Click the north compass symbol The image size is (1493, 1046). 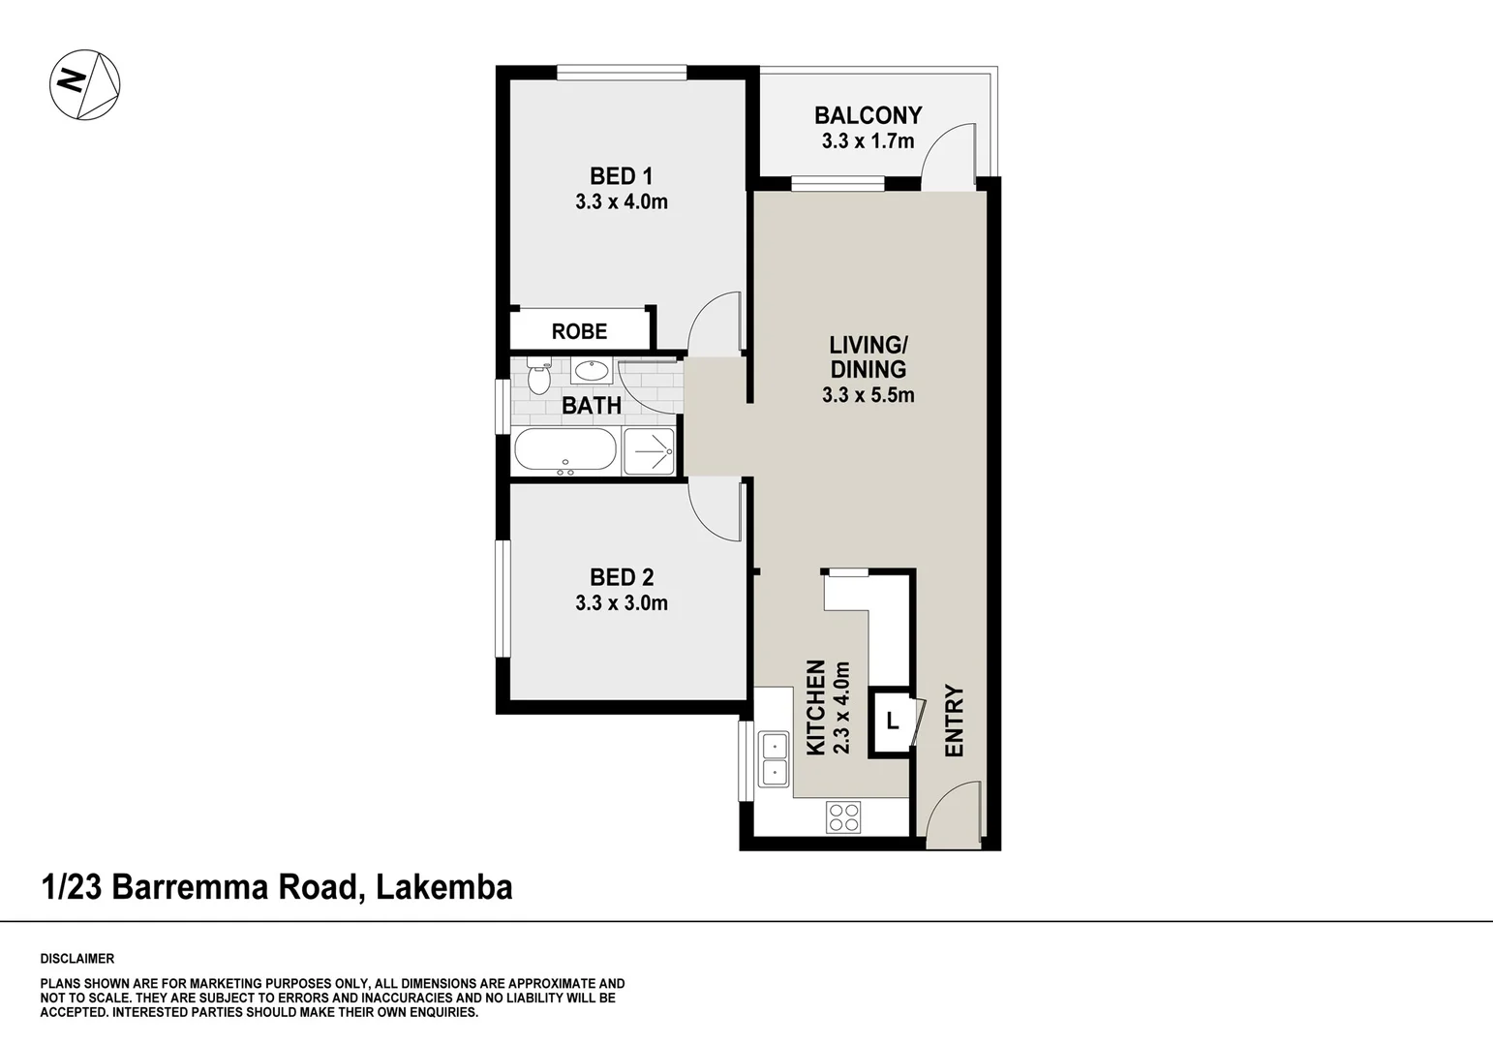tap(85, 85)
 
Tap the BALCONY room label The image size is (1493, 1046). tap(868, 115)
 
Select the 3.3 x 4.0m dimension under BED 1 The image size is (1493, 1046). tap(622, 202)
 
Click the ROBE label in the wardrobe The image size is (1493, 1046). tap(579, 331)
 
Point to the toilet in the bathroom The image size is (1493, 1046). tap(538, 376)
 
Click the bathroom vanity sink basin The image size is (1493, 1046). tap(590, 370)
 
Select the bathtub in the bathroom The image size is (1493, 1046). tap(564, 451)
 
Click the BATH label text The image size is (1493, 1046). tap(592, 406)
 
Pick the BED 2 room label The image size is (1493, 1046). tap(622, 577)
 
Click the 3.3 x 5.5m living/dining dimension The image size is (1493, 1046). tap(868, 395)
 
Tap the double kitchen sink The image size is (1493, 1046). tap(775, 759)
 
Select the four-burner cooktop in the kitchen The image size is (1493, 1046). tap(844, 816)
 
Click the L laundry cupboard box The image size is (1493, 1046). tap(892, 721)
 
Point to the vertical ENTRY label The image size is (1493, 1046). tap(955, 722)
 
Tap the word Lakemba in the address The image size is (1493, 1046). tap(444, 887)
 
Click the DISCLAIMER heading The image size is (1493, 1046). tap(77, 959)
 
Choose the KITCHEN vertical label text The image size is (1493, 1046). tap(816, 707)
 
